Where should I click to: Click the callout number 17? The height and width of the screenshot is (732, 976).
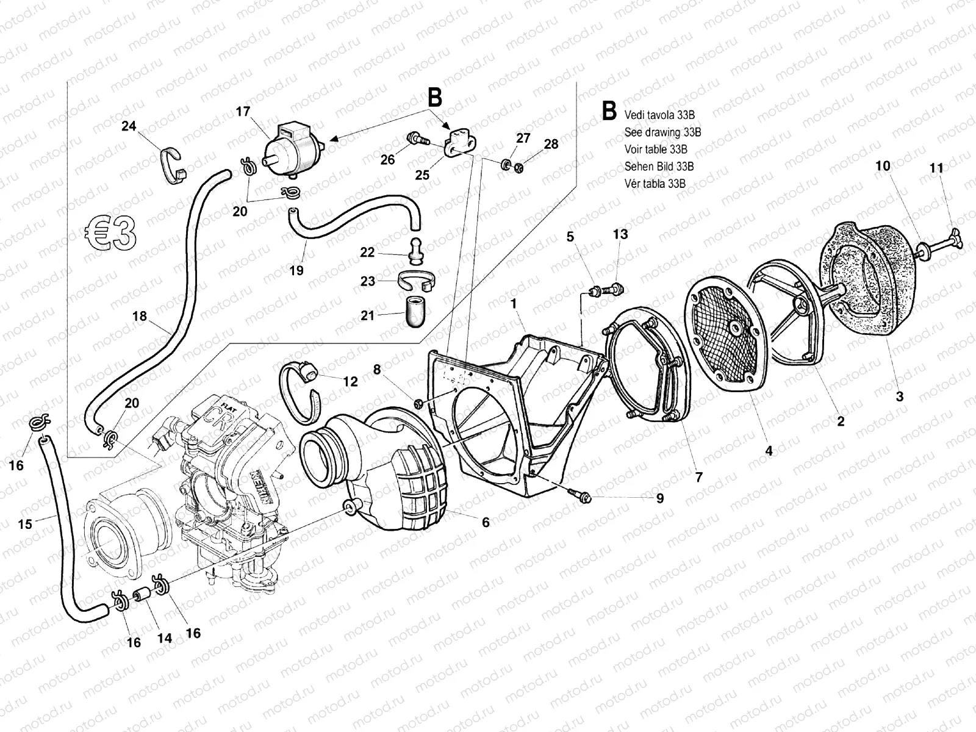coord(243,112)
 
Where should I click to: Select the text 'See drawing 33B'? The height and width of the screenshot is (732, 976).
coord(662,132)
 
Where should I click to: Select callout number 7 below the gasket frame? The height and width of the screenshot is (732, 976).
coord(699,476)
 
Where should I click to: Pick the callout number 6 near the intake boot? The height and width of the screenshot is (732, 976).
coord(486,522)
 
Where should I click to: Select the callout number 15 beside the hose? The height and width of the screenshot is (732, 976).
coord(24,524)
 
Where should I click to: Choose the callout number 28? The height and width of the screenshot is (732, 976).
coord(551,144)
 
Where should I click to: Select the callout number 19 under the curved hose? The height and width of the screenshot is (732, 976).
coord(296,270)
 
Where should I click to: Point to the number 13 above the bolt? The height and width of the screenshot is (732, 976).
coord(620,234)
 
